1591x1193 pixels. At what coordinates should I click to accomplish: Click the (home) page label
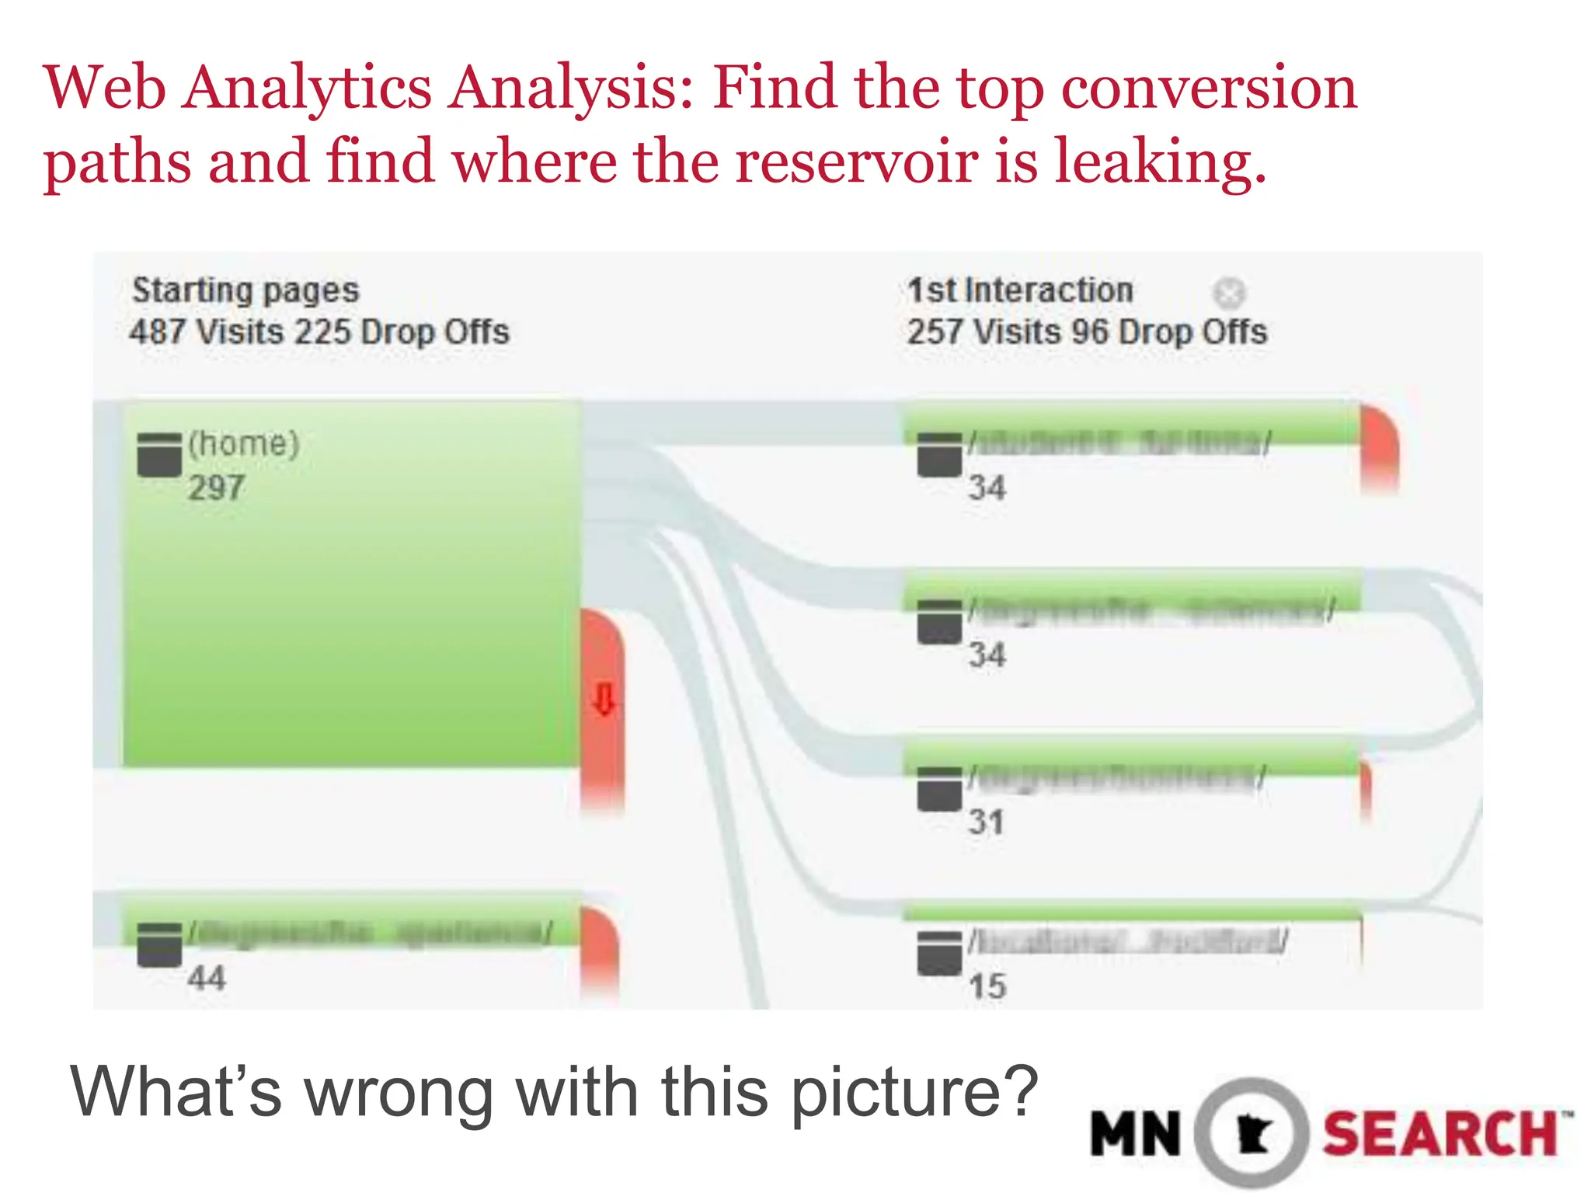pos(243,444)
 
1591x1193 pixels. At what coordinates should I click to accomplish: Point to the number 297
pos(216,489)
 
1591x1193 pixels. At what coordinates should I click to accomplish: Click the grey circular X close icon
pos(1229,294)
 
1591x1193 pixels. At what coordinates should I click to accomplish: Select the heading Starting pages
pos(245,290)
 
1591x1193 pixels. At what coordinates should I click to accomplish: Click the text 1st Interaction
pos(1020,290)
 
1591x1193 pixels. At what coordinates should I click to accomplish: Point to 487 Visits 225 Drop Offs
pos(319,332)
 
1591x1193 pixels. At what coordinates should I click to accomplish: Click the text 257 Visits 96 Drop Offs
pos(1087,332)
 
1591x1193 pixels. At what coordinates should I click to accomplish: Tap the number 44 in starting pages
pos(206,978)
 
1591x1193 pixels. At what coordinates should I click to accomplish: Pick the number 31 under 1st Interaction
pos(986,823)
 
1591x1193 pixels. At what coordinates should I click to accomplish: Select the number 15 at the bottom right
pos(987,987)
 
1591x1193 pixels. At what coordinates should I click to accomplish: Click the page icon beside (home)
pos(159,454)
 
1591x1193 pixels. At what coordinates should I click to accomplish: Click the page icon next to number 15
pos(939,953)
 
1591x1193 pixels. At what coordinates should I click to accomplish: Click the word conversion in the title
pos(1209,88)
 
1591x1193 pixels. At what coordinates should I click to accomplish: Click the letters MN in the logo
pos(1136,1135)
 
